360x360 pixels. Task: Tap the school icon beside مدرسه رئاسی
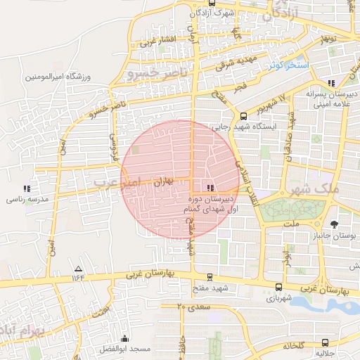pyautogui.click(x=27, y=188)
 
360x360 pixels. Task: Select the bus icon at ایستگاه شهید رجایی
pyautogui.click(x=243, y=117)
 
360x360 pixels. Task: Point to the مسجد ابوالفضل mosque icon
pyautogui.click(x=125, y=338)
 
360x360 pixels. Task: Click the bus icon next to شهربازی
pyautogui.click(x=279, y=287)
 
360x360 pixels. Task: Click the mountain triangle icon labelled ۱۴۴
pyautogui.click(x=78, y=269)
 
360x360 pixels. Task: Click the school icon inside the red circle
pyautogui.click(x=210, y=188)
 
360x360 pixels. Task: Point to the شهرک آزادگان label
pyautogui.click(x=212, y=12)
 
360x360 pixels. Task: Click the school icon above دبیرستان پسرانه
pyautogui.click(x=330, y=83)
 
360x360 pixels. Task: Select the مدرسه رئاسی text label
pyautogui.click(x=27, y=200)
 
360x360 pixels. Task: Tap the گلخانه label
pyautogui.click(x=292, y=346)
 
